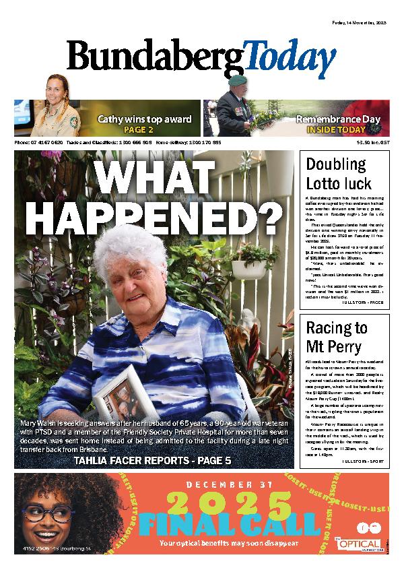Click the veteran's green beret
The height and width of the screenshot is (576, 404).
point(238,79)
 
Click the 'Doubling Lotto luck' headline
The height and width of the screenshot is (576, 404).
point(337,173)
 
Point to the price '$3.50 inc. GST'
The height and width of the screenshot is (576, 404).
point(373,143)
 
